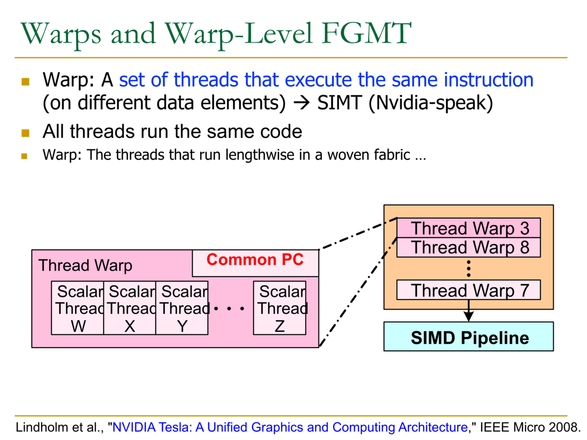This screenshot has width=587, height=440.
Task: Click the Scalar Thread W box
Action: coord(77,308)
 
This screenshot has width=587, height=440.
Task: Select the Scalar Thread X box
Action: coord(130,308)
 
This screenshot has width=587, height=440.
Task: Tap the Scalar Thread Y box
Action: coord(182,308)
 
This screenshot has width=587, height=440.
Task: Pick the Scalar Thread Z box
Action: coord(279,308)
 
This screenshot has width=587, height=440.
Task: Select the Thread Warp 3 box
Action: coord(469,228)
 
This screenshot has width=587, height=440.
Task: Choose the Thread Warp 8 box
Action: coord(469,247)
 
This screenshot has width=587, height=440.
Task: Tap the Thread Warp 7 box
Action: coord(469,290)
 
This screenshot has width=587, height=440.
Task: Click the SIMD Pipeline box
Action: coord(469,337)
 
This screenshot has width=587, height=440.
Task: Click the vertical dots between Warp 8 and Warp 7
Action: coord(469,268)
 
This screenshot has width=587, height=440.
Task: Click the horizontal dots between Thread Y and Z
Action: coord(229,309)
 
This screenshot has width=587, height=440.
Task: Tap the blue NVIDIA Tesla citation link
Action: coord(290,427)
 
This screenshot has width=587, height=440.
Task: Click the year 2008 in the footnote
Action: coord(561,427)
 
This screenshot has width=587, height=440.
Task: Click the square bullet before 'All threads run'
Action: coord(25,132)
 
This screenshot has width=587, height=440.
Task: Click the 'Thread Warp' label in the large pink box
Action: coord(85,265)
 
